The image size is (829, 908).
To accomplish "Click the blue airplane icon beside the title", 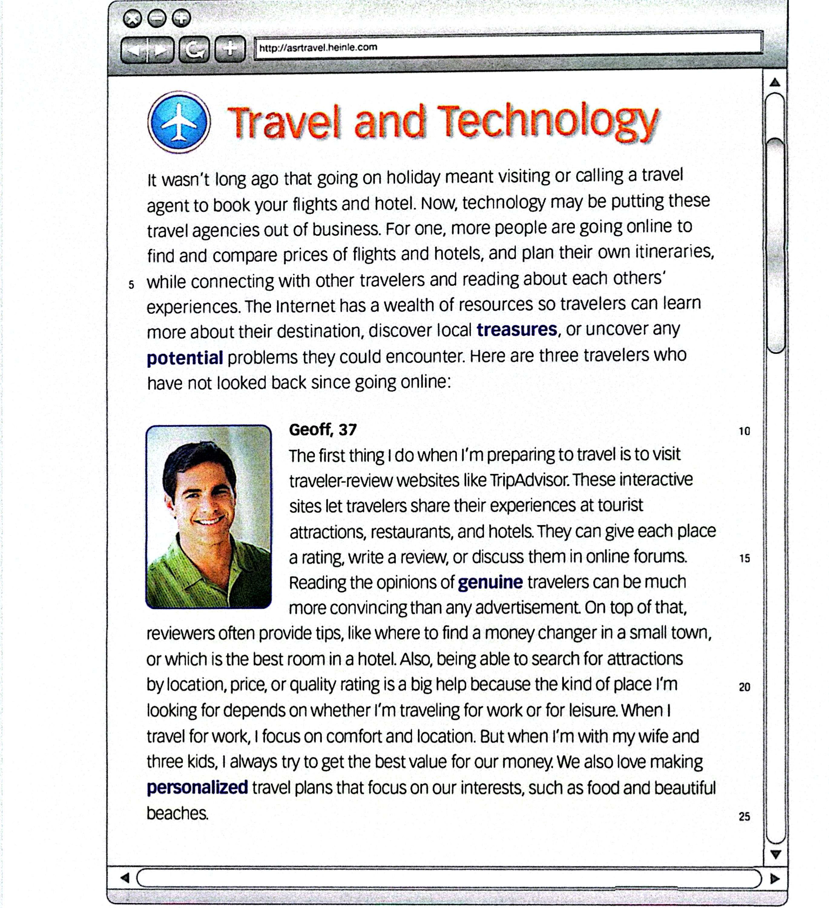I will [x=179, y=122].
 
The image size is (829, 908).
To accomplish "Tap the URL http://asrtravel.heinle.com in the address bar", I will [x=318, y=47].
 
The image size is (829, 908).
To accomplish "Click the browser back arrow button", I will [x=134, y=50].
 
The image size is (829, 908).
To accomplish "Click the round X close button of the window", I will [x=132, y=19].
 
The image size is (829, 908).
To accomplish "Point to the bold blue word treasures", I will [x=516, y=330].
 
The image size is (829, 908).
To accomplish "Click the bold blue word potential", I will [x=185, y=358].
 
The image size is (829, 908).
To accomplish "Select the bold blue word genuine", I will [x=490, y=582].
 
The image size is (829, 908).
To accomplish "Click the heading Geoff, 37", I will [x=322, y=430].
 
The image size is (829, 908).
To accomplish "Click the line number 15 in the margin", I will [x=744, y=558].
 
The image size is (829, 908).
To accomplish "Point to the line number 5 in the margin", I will [x=131, y=285].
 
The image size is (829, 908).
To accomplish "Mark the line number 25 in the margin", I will [x=744, y=817].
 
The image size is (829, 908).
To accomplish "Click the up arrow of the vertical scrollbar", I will [x=775, y=82].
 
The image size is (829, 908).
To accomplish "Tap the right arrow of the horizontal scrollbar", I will [x=775, y=878].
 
